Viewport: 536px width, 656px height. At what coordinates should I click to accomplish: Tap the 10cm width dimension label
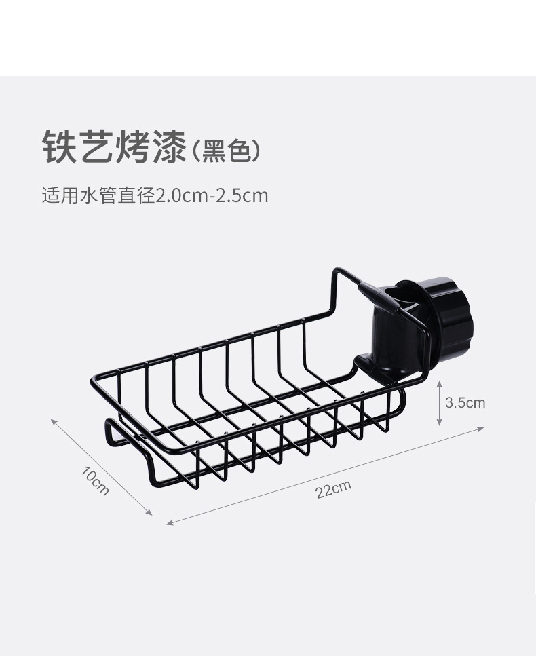coord(95,480)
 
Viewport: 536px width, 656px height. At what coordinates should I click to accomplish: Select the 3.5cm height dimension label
coord(465,402)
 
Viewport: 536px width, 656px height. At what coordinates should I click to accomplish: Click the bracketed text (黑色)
coord(226,150)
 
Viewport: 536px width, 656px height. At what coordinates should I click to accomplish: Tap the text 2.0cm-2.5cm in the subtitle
coord(212,196)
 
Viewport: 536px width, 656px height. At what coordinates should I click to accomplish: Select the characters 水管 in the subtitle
coord(98,196)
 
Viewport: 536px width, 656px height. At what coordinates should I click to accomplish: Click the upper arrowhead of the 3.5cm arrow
coord(440,383)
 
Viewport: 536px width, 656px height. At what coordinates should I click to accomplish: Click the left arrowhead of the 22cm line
coord(169,522)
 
